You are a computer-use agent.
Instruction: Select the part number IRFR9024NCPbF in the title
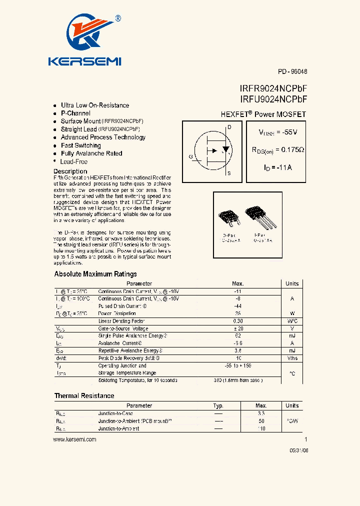tap(273, 88)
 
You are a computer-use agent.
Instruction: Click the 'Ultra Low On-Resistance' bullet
tap(94, 105)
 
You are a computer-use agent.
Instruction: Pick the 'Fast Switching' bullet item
tap(80, 145)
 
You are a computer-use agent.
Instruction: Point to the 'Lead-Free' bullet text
tap(73, 161)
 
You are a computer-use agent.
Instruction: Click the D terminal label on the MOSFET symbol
tap(229, 127)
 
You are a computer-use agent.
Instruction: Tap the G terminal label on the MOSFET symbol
tap(190, 157)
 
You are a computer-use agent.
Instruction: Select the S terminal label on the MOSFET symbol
tap(229, 173)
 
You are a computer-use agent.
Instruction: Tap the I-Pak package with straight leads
tap(263, 218)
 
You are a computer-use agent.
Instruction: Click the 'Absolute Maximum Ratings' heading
tap(95, 274)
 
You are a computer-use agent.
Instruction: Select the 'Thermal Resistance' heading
tap(84, 395)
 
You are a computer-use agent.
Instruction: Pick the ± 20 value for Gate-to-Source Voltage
tap(238, 328)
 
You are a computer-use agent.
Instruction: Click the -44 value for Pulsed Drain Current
tap(238, 306)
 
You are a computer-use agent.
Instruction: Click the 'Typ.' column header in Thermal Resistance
tap(218, 405)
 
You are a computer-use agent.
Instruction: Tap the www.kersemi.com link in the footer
tap(74, 439)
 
